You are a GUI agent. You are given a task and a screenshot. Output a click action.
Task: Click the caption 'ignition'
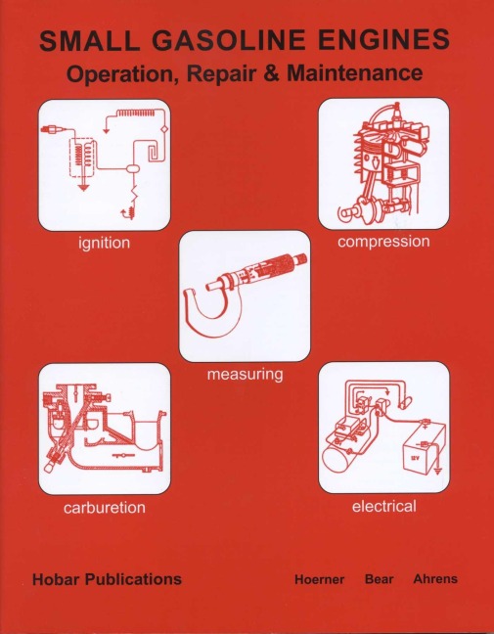[104, 242]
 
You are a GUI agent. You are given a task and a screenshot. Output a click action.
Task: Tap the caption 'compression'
[383, 241]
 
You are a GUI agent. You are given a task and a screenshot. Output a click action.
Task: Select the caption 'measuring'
[244, 374]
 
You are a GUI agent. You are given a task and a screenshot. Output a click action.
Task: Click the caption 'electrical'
[383, 506]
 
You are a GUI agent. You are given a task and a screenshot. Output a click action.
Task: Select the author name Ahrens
[434, 579]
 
